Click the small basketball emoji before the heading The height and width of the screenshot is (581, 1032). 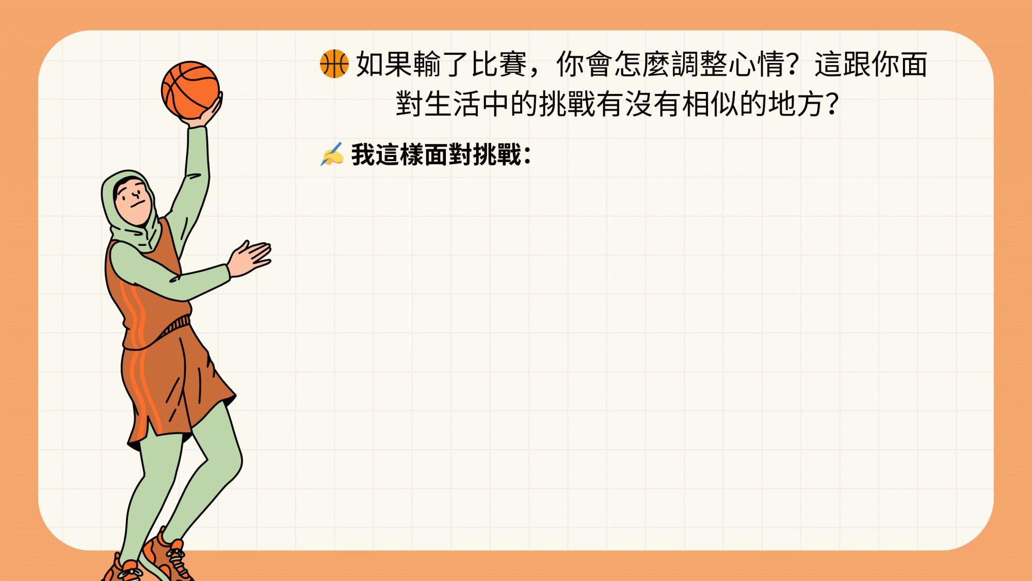[334, 64]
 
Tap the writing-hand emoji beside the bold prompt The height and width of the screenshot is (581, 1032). [332, 154]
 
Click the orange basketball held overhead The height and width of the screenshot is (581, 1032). [190, 90]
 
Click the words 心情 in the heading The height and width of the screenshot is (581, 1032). [757, 65]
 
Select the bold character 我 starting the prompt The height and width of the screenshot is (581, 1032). [363, 154]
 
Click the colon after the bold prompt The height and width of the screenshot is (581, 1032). [527, 155]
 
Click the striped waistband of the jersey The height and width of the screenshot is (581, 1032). [175, 326]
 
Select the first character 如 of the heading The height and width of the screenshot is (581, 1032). [370, 65]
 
